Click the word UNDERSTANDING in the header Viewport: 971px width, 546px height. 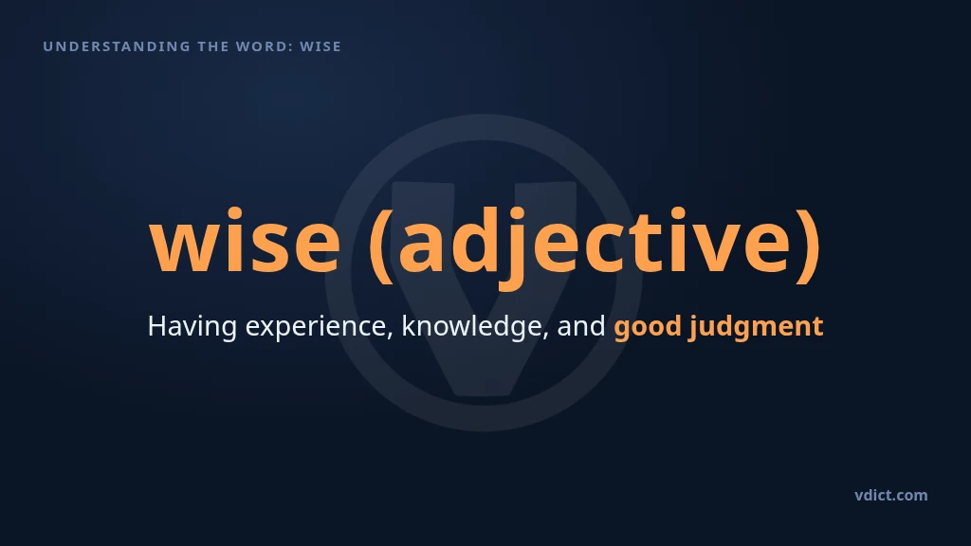(117, 46)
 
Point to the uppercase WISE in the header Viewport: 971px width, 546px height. (321, 46)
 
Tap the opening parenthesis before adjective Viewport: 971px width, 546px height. (381, 245)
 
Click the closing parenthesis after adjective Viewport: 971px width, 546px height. (808, 245)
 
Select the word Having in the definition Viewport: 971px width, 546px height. (192, 326)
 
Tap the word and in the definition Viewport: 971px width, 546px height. (581, 326)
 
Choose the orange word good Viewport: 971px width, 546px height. (648, 327)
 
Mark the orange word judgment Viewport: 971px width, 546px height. (757, 327)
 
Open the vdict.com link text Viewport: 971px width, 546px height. (891, 495)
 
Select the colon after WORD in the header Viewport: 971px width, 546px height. (291, 47)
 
